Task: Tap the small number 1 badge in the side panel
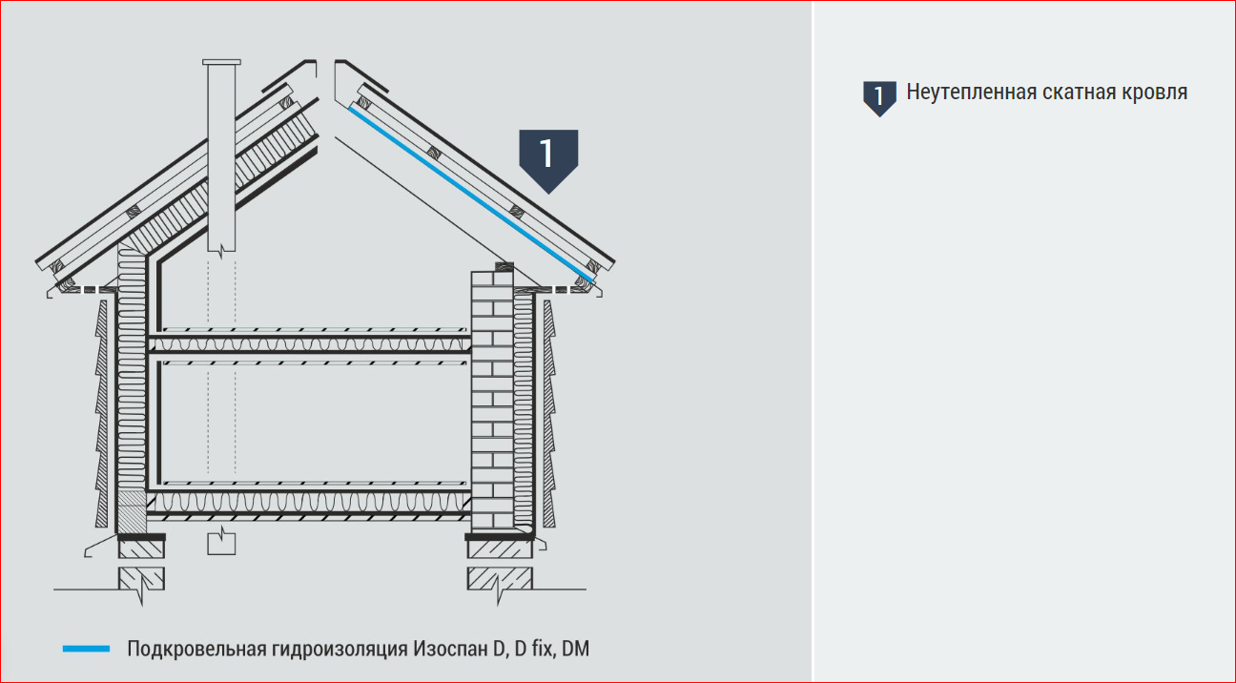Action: (x=879, y=98)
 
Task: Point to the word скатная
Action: (x=1080, y=93)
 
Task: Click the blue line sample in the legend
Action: (x=86, y=649)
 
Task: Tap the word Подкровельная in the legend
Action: (x=196, y=649)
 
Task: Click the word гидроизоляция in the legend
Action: (x=339, y=649)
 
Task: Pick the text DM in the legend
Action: (x=575, y=649)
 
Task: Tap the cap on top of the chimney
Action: (x=221, y=62)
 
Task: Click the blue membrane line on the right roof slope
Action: (x=471, y=195)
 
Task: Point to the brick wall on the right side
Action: (x=492, y=400)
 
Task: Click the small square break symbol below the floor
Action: (x=221, y=543)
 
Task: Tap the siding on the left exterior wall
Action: (x=101, y=413)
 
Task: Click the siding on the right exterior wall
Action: (x=549, y=413)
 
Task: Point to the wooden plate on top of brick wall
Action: (x=505, y=267)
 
